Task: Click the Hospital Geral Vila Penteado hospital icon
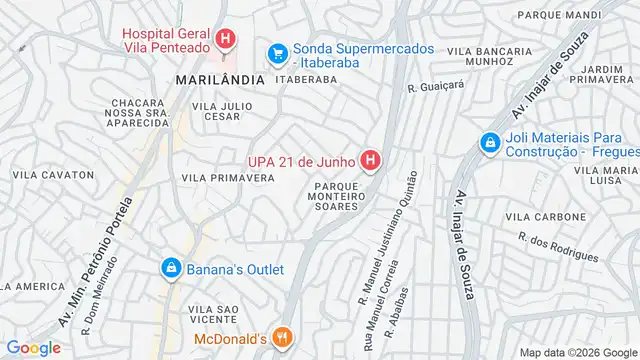[x=226, y=40]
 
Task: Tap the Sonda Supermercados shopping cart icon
[x=277, y=53]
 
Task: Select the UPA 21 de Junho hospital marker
[x=371, y=160]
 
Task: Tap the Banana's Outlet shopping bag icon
[x=171, y=269]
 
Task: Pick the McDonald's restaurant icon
[x=283, y=338]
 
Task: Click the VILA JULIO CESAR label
[x=215, y=109]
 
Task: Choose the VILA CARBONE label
[x=545, y=216]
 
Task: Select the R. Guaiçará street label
[x=436, y=87]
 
